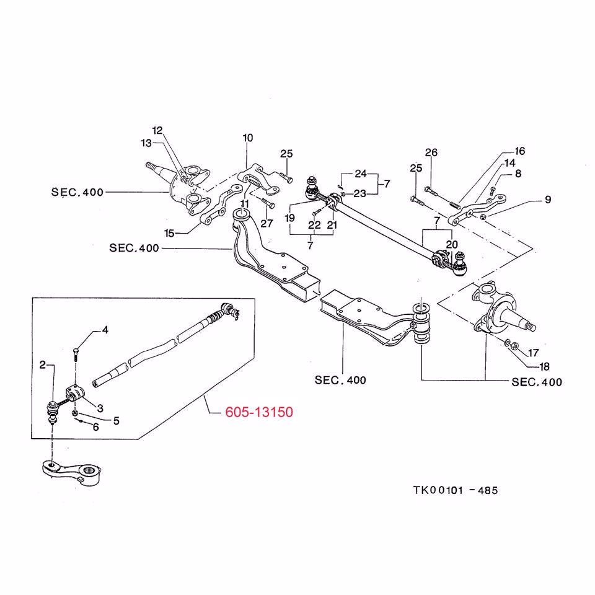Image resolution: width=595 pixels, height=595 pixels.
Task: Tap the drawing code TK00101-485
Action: tap(456, 490)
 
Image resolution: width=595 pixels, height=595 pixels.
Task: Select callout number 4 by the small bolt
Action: tap(105, 330)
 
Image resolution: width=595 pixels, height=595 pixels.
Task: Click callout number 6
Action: tap(96, 426)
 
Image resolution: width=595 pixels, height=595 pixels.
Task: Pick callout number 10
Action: tap(248, 138)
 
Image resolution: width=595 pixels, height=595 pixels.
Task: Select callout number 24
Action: tap(361, 174)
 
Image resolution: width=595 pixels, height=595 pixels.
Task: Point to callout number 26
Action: tap(431, 152)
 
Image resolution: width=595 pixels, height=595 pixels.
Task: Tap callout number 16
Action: tap(519, 151)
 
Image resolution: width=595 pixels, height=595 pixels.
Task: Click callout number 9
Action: tap(547, 200)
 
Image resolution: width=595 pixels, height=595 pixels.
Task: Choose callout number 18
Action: tap(544, 366)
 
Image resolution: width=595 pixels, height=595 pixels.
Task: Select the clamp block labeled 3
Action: tap(74, 394)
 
